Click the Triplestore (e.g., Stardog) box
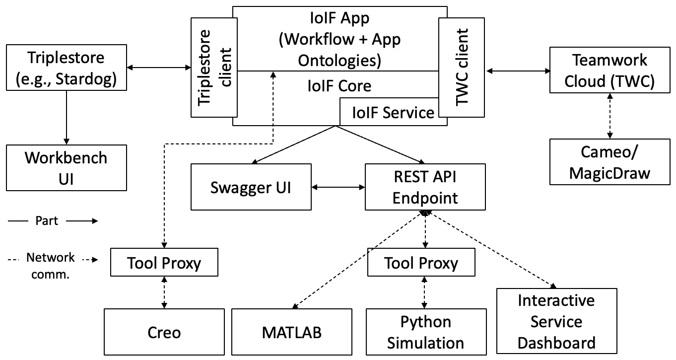[x=66, y=69]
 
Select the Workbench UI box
[x=66, y=168]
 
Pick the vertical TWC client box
[x=462, y=68]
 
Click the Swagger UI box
[x=252, y=187]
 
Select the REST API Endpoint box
[x=424, y=187]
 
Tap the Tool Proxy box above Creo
[x=164, y=262]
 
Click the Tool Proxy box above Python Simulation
[x=421, y=262]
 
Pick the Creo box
[x=164, y=332]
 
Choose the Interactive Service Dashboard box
[x=556, y=321]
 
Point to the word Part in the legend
[x=47, y=221]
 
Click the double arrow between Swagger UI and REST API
[x=338, y=187]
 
